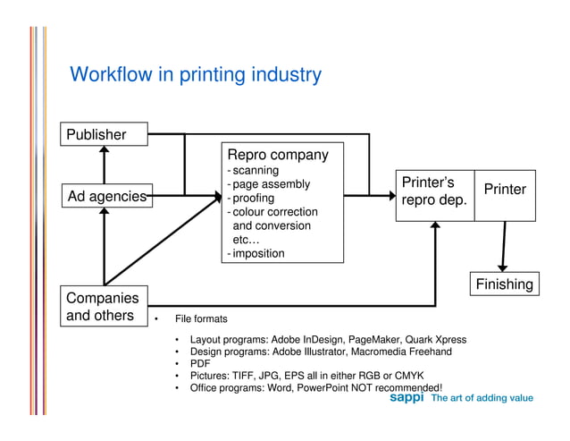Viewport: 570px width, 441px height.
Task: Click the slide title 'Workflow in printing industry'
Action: click(x=195, y=74)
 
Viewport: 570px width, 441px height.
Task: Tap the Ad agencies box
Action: click(x=105, y=195)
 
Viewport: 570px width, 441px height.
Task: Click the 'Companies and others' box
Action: click(x=103, y=306)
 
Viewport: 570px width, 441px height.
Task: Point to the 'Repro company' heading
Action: click(x=278, y=155)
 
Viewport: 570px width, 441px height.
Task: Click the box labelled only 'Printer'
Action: click(x=504, y=191)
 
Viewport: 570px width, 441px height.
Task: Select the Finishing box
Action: click(x=503, y=284)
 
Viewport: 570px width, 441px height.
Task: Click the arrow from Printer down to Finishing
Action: click(x=503, y=246)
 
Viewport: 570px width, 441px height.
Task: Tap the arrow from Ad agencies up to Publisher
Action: click(x=105, y=165)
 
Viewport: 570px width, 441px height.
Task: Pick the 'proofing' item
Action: click(x=254, y=198)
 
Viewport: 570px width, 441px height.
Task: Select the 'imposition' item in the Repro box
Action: click(x=258, y=253)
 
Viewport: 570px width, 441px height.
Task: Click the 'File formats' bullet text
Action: click(x=201, y=319)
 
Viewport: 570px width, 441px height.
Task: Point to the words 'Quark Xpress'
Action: click(x=435, y=340)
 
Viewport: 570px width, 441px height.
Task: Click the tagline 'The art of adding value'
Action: click(x=482, y=398)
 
